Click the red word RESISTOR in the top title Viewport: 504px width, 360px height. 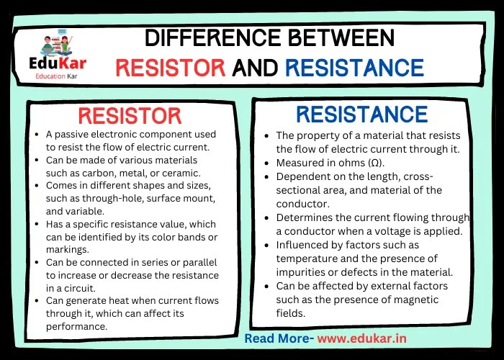tap(171, 68)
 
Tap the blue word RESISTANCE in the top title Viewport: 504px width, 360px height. tap(354, 68)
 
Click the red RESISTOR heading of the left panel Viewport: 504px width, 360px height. tap(130, 116)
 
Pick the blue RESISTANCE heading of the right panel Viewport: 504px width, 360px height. tap(362, 114)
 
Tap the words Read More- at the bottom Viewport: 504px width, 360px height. tap(279, 338)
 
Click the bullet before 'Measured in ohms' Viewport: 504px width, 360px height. tap(268, 163)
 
